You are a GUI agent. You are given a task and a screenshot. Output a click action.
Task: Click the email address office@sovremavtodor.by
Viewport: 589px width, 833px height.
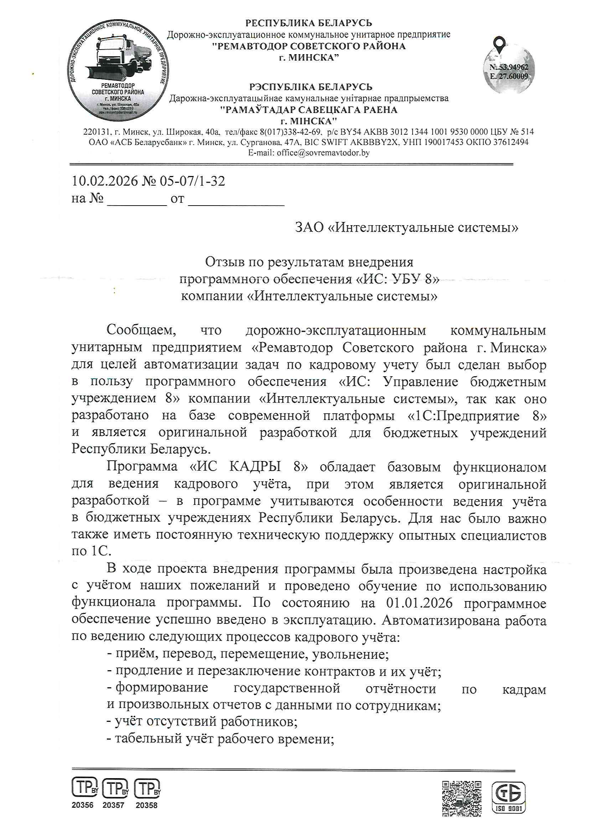click(x=323, y=153)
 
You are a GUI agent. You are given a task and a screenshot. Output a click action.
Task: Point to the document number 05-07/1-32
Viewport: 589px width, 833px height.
click(x=192, y=181)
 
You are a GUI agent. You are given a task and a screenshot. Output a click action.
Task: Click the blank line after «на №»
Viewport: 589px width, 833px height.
click(x=137, y=201)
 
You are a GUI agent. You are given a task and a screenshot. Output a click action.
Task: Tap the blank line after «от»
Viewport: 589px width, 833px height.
click(x=236, y=201)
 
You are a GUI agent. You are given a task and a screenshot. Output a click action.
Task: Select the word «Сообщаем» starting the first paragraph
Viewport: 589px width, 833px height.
click(x=141, y=330)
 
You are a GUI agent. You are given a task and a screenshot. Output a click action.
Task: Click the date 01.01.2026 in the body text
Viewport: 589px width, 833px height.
click(x=419, y=603)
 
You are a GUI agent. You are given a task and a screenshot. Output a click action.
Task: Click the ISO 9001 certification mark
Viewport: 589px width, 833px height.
click(x=508, y=797)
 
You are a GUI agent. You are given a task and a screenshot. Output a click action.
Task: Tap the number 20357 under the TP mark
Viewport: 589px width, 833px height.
click(x=113, y=805)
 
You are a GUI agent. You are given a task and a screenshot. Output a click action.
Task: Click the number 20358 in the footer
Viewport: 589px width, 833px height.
click(x=146, y=805)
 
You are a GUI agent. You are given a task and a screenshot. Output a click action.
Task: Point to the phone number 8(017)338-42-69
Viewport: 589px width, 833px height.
click(x=290, y=132)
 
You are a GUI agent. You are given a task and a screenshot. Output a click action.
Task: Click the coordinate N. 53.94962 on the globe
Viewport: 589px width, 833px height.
click(x=509, y=67)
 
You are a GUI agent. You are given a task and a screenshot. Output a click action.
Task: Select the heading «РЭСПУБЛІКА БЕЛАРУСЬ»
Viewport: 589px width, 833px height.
click(x=311, y=87)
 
